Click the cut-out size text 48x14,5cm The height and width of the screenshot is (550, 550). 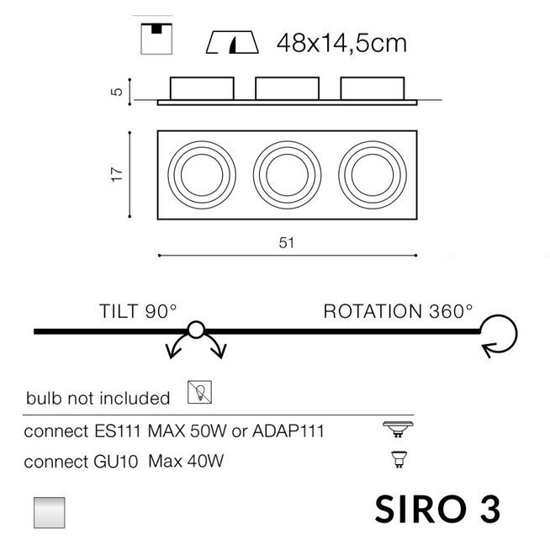pyautogui.click(x=341, y=44)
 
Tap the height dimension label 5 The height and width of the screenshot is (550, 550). pyautogui.click(x=117, y=92)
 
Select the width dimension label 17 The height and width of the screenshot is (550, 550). pyautogui.click(x=117, y=174)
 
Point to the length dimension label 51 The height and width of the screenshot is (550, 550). pyautogui.click(x=287, y=243)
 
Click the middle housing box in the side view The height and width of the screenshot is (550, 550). pyautogui.click(x=288, y=88)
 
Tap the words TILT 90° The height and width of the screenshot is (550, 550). pyautogui.click(x=138, y=311)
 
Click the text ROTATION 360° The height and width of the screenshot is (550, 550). pyautogui.click(x=398, y=311)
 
